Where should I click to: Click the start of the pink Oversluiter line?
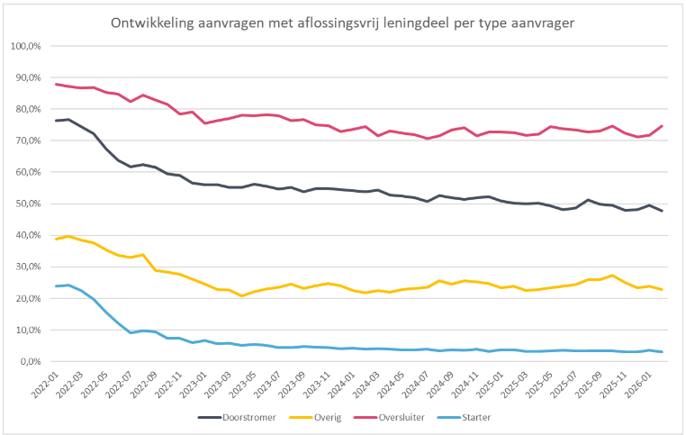[56, 84]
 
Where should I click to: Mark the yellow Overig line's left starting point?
[56, 239]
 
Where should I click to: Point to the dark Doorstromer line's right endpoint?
[663, 211]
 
